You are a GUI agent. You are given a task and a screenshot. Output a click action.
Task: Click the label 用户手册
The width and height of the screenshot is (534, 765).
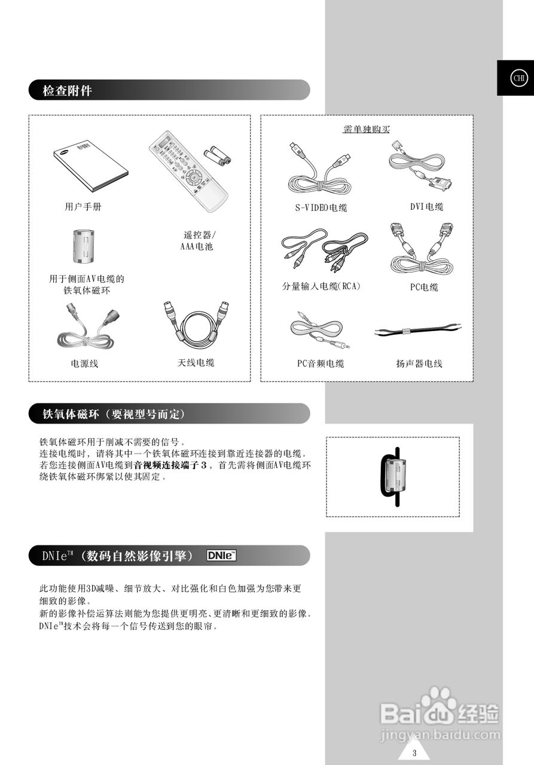coord(83,207)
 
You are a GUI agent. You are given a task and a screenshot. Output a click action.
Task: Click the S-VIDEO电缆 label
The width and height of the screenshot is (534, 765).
coord(321,208)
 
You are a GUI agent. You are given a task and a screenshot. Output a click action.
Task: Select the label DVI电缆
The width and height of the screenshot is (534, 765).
coord(426,207)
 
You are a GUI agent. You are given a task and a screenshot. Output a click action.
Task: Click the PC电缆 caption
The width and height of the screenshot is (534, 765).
coord(424,287)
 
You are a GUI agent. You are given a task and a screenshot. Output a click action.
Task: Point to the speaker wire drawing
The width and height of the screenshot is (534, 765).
coord(417,330)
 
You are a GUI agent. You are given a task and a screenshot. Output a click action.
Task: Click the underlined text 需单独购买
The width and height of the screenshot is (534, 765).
coord(366,129)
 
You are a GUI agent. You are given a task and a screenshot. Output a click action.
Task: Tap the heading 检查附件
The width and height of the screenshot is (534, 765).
coord(67,91)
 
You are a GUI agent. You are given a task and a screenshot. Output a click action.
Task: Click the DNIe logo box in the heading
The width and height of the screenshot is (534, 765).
coord(221,556)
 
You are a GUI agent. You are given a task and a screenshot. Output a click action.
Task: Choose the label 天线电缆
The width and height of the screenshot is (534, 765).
coord(196,363)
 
